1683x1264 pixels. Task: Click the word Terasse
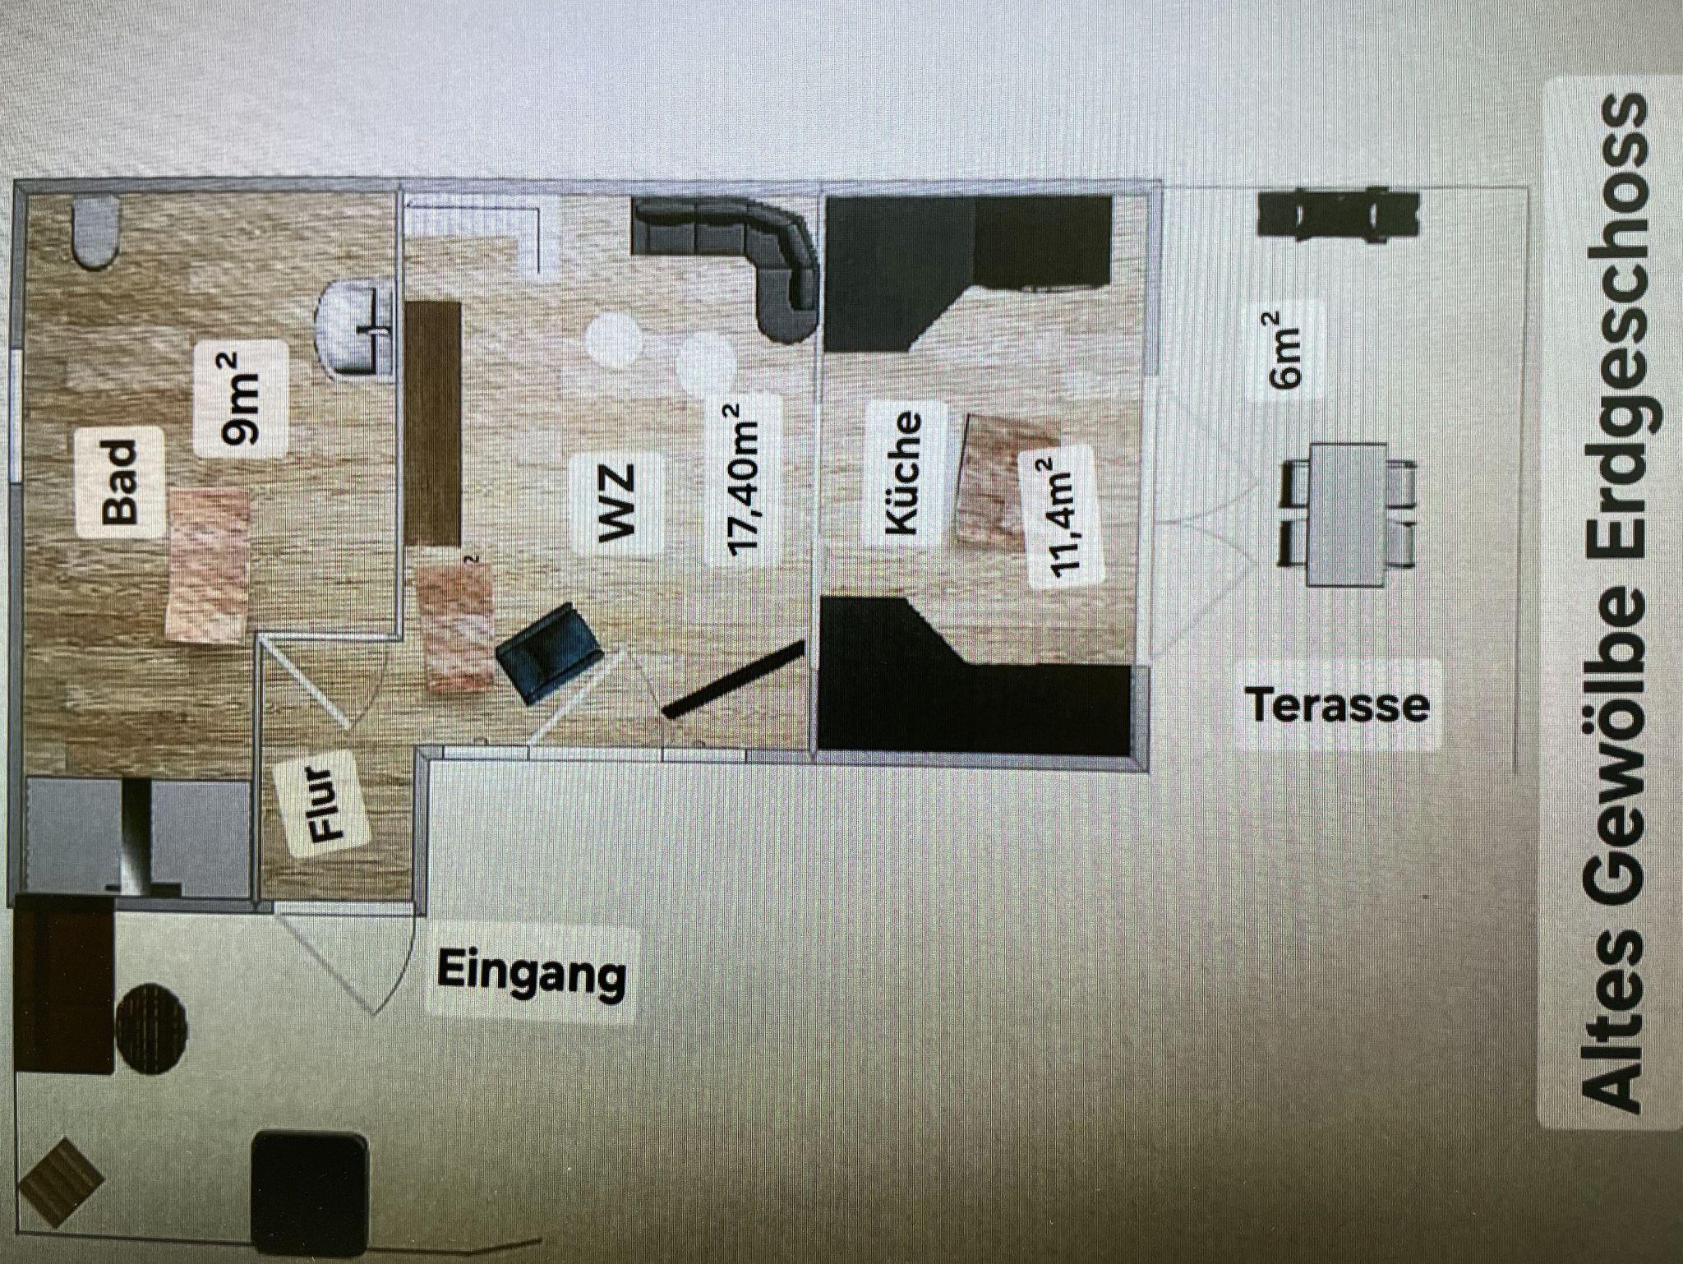tap(1337, 706)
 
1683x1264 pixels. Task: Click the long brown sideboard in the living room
tap(433, 422)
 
